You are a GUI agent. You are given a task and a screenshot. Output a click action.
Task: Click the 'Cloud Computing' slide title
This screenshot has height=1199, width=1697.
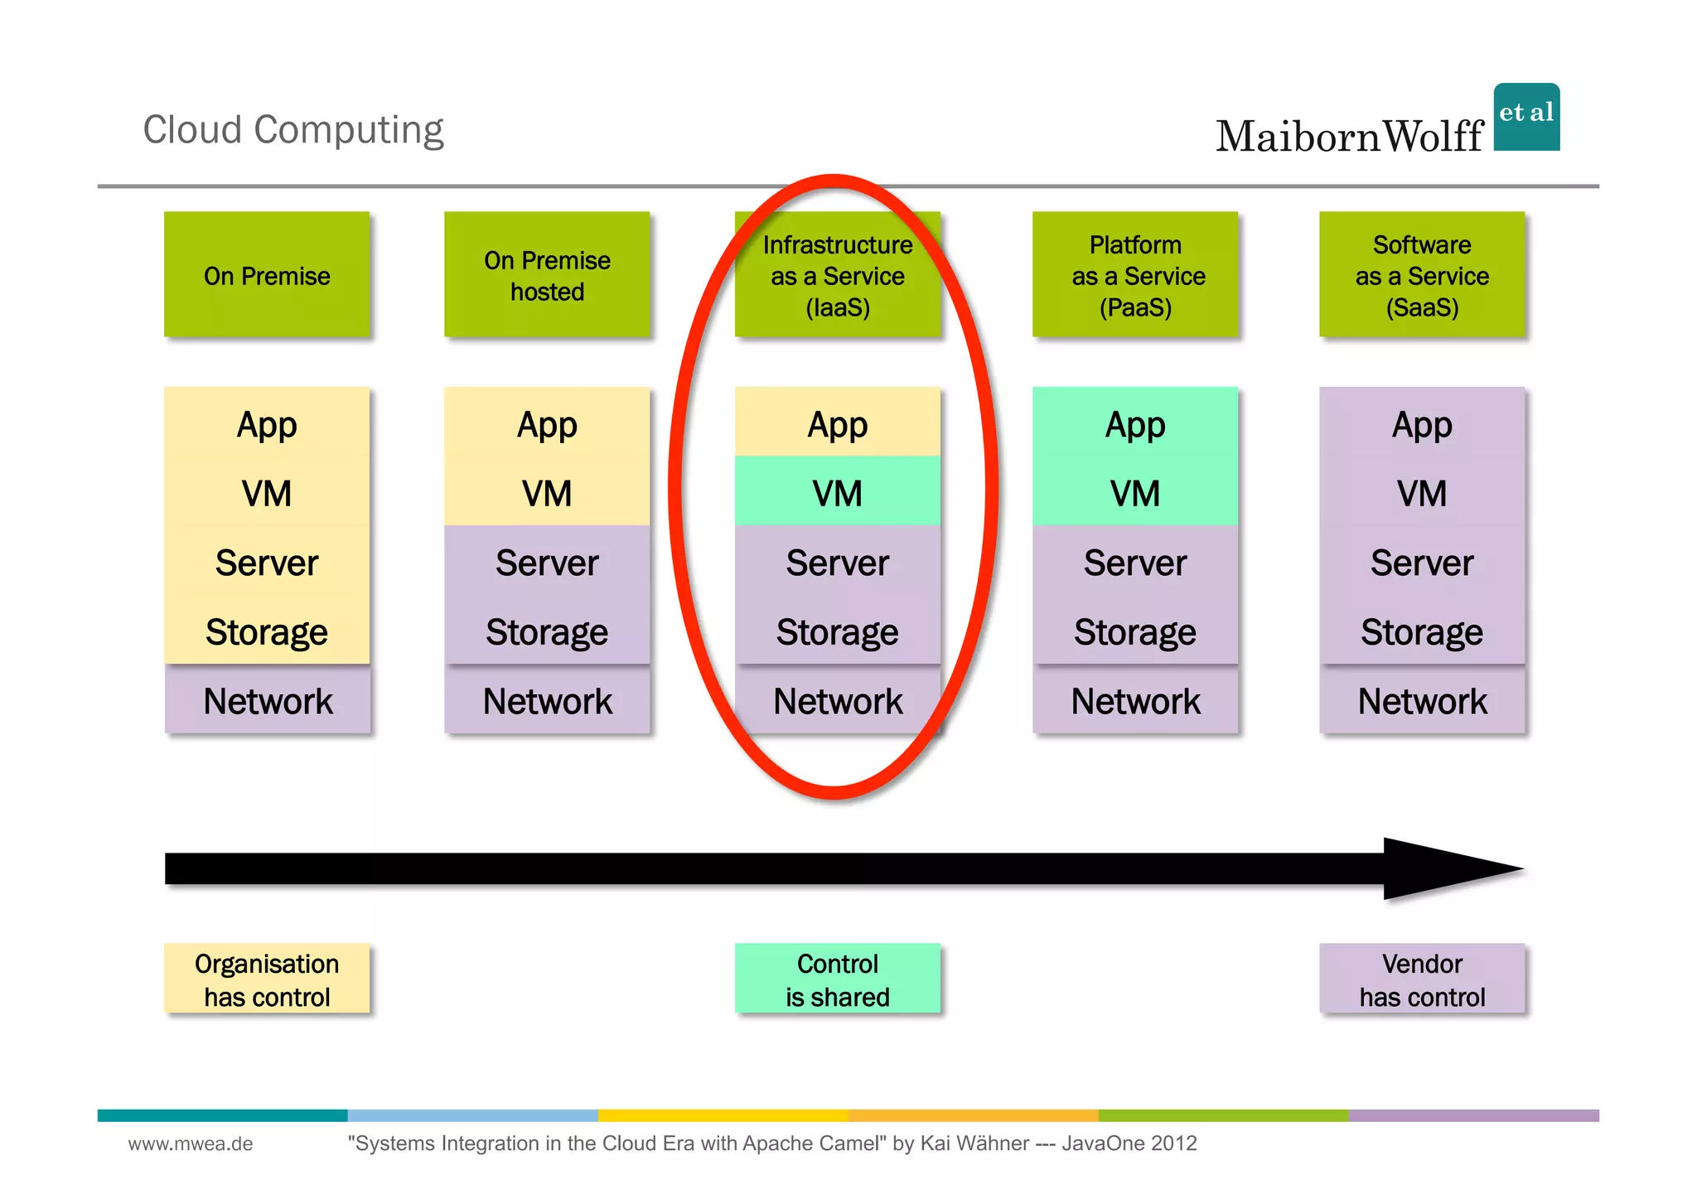[293, 130]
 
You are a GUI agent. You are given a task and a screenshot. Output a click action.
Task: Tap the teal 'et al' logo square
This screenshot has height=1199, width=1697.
[1526, 117]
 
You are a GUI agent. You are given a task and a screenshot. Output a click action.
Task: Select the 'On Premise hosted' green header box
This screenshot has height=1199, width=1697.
[547, 275]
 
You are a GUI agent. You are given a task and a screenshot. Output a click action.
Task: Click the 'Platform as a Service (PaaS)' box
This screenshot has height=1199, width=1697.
[1135, 275]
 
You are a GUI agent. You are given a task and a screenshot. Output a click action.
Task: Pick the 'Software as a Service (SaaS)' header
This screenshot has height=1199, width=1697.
[1422, 275]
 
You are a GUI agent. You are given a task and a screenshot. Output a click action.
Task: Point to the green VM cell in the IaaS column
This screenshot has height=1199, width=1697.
[838, 492]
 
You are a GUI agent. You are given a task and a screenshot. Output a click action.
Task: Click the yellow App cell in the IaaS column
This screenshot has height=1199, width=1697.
[838, 423]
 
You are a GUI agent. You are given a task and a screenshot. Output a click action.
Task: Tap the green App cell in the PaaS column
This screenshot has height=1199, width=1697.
[1135, 423]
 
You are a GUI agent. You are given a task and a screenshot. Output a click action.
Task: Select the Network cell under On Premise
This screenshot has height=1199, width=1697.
[267, 701]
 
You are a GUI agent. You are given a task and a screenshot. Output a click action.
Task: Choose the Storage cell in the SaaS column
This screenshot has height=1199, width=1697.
[1422, 632]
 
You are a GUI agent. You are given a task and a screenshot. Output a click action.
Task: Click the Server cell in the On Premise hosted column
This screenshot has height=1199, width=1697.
[547, 563]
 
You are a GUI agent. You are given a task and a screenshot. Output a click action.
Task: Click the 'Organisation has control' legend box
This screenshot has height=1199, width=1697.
[267, 979]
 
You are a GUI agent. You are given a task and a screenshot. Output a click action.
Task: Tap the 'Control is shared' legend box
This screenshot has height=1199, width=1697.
[838, 979]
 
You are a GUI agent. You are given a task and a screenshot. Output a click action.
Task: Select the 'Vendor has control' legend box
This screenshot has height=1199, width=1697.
[1422, 979]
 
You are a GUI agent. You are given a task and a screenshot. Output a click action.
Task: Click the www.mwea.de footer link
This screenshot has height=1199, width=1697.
[191, 1144]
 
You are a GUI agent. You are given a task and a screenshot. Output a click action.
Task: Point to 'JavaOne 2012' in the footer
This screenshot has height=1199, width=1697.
[1129, 1144]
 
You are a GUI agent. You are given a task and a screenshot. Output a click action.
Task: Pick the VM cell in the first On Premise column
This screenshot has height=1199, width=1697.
[267, 494]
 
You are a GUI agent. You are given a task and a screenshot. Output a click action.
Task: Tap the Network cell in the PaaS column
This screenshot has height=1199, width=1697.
[1135, 701]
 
